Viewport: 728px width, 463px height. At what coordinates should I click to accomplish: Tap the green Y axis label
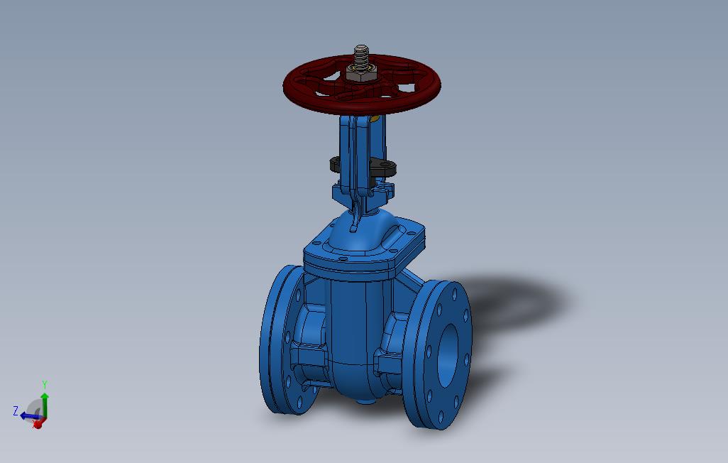click(45, 385)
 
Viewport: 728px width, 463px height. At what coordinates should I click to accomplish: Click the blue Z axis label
click(15, 410)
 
